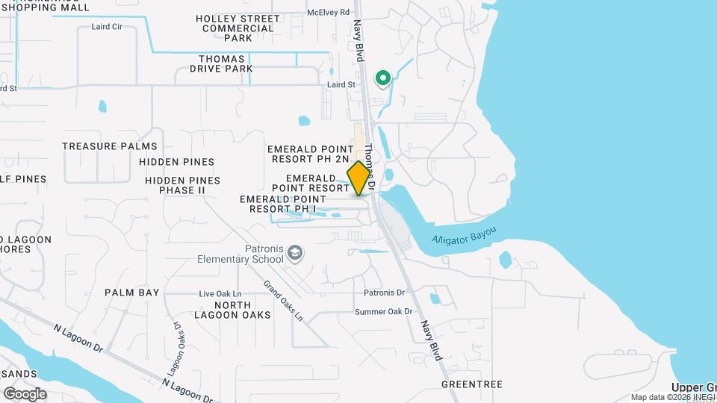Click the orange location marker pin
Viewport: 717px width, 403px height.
coord(359,178)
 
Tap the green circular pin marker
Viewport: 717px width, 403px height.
coord(383,78)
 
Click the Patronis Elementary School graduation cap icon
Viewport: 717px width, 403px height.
coord(296,254)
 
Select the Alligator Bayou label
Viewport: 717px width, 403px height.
coord(464,238)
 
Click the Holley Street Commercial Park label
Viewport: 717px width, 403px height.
coord(238,28)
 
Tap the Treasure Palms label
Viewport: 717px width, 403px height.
coord(110,146)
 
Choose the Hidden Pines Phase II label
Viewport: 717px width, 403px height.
coord(183,185)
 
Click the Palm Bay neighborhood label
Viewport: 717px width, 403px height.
coord(132,293)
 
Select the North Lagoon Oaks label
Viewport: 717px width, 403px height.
coord(243,310)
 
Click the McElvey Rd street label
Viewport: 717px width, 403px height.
coord(329,12)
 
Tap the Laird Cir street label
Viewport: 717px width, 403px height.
coord(106,26)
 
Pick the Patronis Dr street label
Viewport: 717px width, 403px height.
coord(384,293)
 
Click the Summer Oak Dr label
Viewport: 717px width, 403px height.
coord(384,312)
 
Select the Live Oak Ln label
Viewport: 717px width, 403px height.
coord(220,294)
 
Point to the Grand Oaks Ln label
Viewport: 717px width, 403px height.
coord(283,301)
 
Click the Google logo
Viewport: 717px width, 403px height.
coord(25,394)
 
